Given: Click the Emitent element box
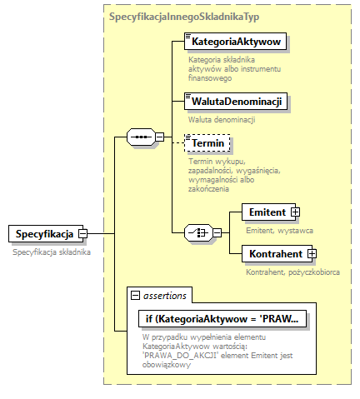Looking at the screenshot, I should pyautogui.click(x=267, y=212).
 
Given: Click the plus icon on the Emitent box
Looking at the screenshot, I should pyautogui.click(x=295, y=212).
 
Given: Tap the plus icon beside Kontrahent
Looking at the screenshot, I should pyautogui.click(x=312, y=252).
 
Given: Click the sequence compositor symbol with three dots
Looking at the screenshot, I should pyautogui.click(x=142, y=137).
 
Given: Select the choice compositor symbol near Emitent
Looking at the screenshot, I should pyautogui.click(x=197, y=232).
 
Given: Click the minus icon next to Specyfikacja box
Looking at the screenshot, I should pyautogui.click(x=82, y=234).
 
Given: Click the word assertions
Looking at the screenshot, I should pyautogui.click(x=164, y=295).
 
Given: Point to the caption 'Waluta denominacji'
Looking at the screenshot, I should pyautogui.click(x=221, y=119).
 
